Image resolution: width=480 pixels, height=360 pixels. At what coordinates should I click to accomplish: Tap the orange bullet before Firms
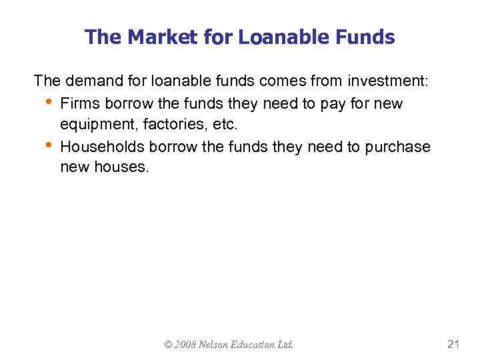tap(47, 102)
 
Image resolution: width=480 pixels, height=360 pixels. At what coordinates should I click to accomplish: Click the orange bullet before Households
tap(47, 145)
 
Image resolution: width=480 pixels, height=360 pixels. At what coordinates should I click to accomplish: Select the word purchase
tap(398, 147)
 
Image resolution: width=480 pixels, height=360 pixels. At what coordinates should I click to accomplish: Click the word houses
tap(122, 167)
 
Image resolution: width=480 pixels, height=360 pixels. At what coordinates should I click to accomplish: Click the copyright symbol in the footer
tap(169, 345)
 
